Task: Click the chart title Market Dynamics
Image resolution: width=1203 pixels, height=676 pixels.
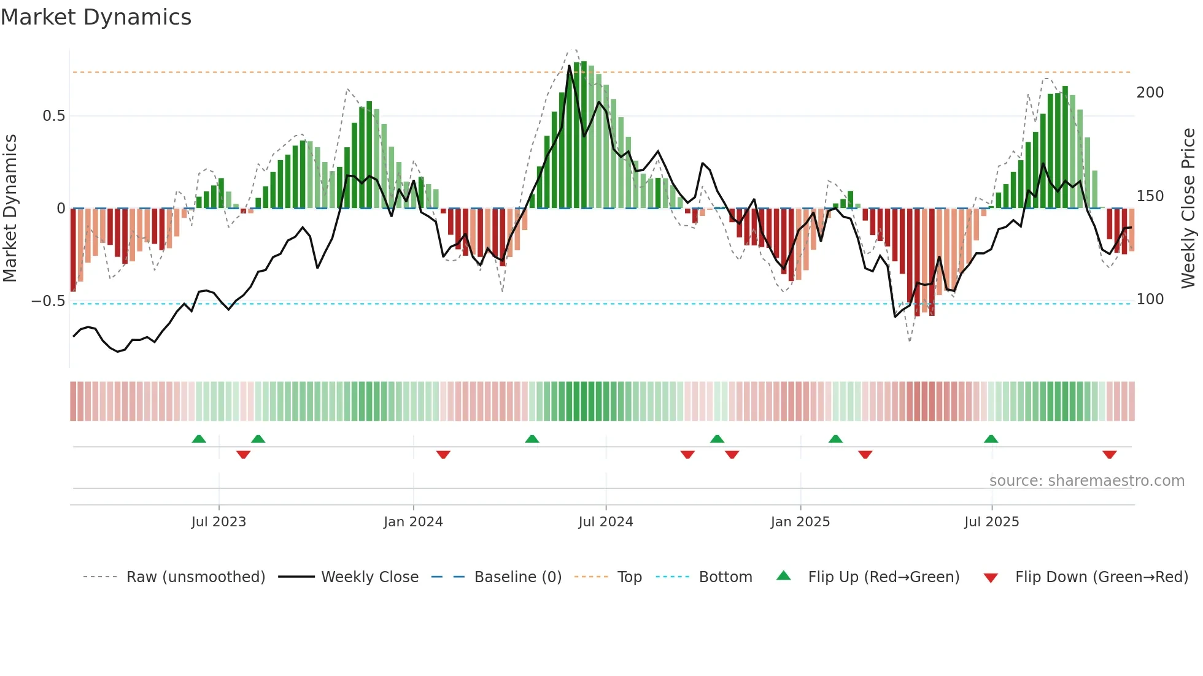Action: (x=96, y=17)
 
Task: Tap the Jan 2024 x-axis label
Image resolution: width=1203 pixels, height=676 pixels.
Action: (x=413, y=521)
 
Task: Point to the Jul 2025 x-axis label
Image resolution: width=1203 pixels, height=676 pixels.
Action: (x=991, y=521)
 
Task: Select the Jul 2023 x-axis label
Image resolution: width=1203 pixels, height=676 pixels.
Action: (x=219, y=521)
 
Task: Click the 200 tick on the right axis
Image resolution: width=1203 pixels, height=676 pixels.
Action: (x=1150, y=93)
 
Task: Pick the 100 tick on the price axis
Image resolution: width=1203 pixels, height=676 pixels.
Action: (x=1150, y=299)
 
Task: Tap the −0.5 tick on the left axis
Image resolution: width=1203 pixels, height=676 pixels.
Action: (x=48, y=301)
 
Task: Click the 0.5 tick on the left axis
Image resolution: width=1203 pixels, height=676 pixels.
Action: (x=53, y=116)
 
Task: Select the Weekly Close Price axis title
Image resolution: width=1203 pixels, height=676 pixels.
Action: (x=1188, y=208)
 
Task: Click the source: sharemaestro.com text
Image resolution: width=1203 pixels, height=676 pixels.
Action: (x=1086, y=480)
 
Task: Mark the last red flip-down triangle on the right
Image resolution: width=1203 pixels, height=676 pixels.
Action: (x=1109, y=455)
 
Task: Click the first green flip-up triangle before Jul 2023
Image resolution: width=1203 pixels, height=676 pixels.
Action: (x=199, y=439)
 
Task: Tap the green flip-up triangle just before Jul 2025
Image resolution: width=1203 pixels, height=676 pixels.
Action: (x=991, y=439)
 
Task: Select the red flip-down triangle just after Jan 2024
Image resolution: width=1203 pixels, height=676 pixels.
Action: (x=443, y=455)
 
